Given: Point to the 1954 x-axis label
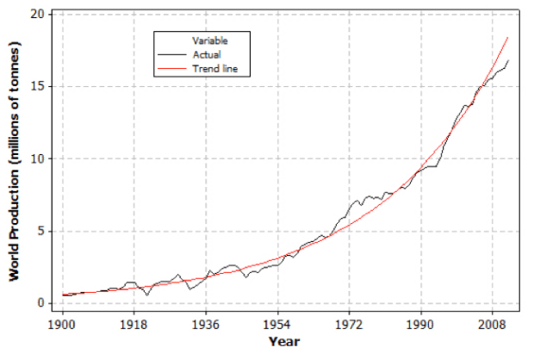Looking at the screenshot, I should (x=277, y=325).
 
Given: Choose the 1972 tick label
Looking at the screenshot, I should (x=349, y=325).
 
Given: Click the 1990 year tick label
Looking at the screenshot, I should (x=421, y=325).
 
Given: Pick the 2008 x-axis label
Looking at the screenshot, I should (x=493, y=325).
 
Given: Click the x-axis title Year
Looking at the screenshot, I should (x=284, y=342).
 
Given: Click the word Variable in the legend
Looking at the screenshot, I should (x=209, y=40).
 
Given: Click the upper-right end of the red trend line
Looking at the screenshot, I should (x=507, y=38).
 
